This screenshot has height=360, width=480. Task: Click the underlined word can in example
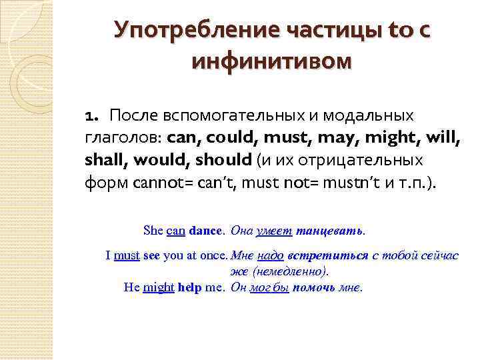click(x=175, y=231)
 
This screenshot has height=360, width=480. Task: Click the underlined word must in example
click(x=126, y=256)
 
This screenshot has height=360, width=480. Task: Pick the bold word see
click(x=151, y=256)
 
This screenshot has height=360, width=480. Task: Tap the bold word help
click(x=190, y=288)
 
